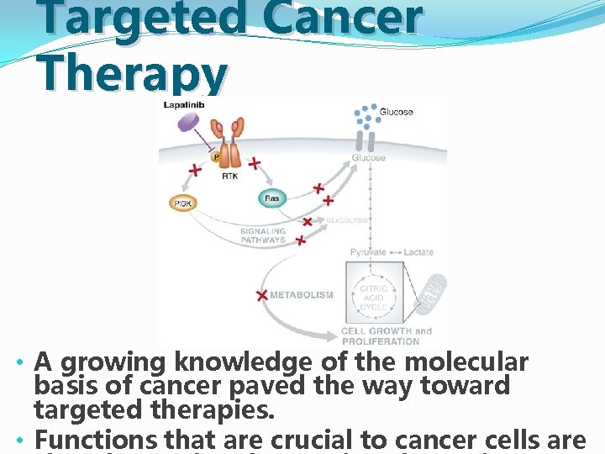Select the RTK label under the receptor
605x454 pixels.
click(229, 176)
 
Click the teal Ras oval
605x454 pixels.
click(272, 198)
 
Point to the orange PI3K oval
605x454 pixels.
click(182, 203)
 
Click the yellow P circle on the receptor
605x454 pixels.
click(216, 156)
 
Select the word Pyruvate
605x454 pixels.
click(368, 252)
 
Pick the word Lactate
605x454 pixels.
click(418, 252)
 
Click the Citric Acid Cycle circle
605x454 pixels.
click(373, 296)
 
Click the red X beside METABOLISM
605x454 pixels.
click(262, 295)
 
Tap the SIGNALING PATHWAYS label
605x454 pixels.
click(263, 235)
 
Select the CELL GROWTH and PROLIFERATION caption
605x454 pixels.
click(386, 335)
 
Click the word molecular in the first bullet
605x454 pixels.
click(466, 362)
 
